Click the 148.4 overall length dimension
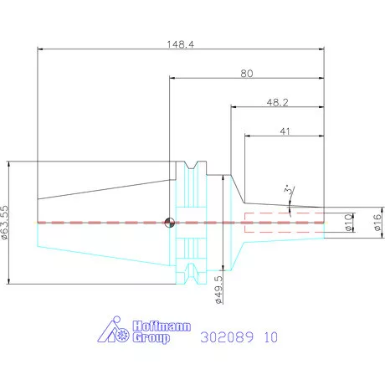pos(180,44)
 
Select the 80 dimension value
pos(247,74)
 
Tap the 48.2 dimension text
pos(277,103)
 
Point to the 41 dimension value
pos(285,131)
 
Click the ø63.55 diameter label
pos(5,223)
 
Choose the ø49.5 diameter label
pos(219,290)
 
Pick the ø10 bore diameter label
pos(349,223)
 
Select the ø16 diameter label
pos(377,223)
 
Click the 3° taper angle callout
pos(289,190)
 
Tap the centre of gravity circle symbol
pos(169,223)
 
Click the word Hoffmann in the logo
pos(162,326)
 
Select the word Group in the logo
pos(151,338)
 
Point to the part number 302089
pos(227,337)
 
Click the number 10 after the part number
pos(271,337)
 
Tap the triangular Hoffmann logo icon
pos(113,330)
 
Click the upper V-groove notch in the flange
pos(191,165)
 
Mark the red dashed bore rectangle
pos(285,223)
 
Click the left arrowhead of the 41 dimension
pos(248,136)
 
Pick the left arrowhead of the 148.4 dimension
pos(40,49)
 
